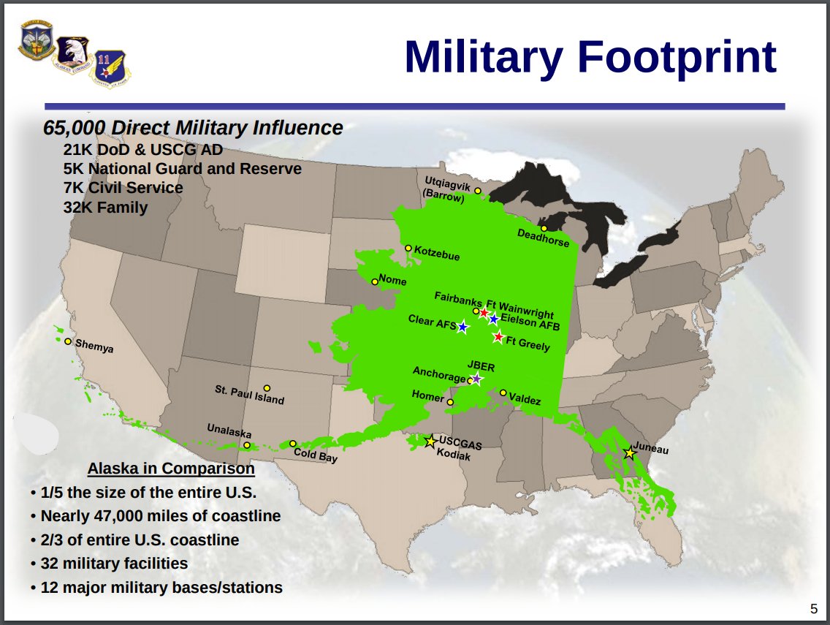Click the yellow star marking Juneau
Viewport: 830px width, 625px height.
click(x=629, y=453)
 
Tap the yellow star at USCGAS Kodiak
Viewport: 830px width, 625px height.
click(x=431, y=441)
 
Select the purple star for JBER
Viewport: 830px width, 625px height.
click(x=476, y=379)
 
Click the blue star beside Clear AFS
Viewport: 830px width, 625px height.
click(x=462, y=327)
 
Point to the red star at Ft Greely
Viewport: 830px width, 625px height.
click(x=498, y=336)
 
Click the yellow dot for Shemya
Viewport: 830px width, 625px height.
click(x=68, y=341)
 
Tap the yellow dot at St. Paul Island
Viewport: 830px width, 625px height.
click(x=267, y=388)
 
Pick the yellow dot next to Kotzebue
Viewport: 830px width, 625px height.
click(x=408, y=248)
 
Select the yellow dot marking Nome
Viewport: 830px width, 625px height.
click(x=375, y=281)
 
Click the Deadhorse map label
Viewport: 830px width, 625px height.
click(x=543, y=238)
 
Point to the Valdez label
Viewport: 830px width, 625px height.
click(x=525, y=399)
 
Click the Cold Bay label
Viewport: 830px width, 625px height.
click(x=316, y=455)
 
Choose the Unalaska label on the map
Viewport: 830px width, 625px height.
click(x=229, y=430)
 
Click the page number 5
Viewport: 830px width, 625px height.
click(x=814, y=609)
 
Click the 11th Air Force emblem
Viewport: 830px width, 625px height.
click(x=110, y=68)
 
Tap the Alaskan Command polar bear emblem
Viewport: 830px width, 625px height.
click(x=73, y=55)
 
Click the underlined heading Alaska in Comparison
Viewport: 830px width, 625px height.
click(x=171, y=469)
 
